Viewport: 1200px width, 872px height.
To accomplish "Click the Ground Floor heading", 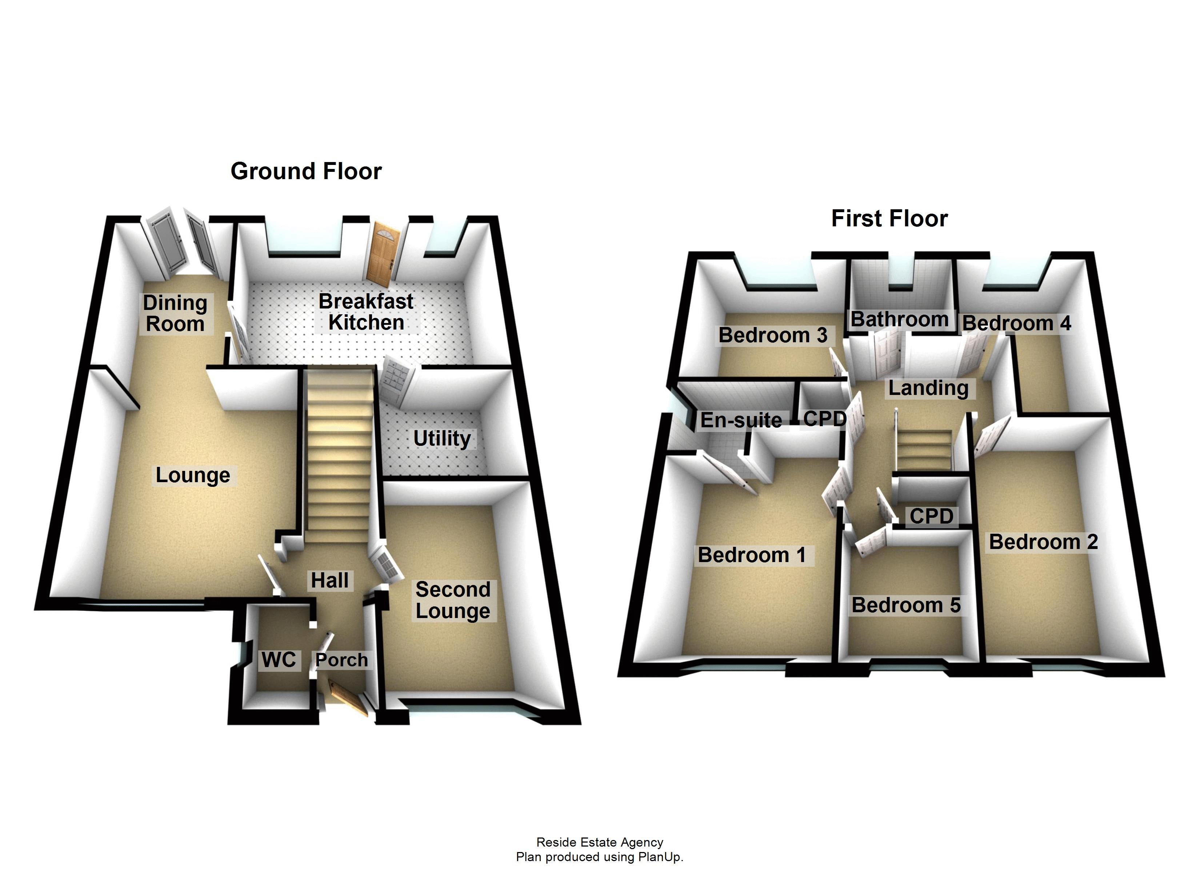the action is (306, 171).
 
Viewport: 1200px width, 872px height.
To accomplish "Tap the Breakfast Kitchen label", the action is (366, 312).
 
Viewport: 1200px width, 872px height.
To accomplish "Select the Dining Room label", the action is (175, 313).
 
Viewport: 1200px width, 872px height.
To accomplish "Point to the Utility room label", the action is (442, 439).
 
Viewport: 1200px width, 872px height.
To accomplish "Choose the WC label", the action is (279, 659).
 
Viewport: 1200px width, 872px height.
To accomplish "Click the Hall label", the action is (329, 580).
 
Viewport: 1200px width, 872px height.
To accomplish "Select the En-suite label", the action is (741, 420).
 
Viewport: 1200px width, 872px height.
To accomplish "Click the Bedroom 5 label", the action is (906, 605).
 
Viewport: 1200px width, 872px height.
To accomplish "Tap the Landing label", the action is (928, 388).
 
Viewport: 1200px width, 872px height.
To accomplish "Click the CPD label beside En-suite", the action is (824, 419).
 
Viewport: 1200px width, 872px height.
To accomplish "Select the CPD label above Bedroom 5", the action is (931, 516).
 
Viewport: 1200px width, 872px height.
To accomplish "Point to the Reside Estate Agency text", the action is (600, 842).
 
